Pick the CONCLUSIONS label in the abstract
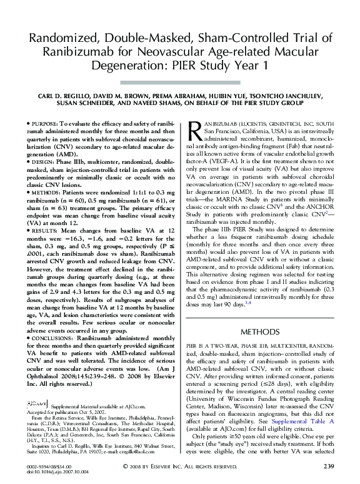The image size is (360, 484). tap(53, 337)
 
